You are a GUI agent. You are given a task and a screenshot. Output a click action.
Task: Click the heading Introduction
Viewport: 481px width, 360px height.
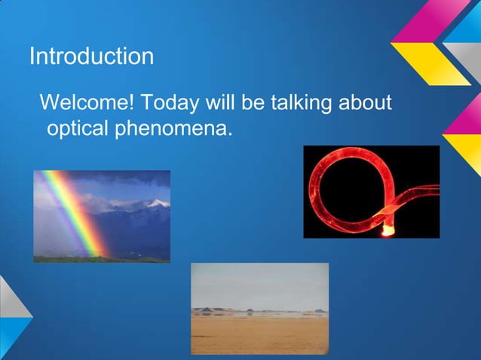click(x=91, y=56)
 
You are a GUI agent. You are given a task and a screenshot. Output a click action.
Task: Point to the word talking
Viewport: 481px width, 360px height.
click(x=293, y=102)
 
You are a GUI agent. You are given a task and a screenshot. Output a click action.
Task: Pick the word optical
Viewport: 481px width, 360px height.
click(x=78, y=130)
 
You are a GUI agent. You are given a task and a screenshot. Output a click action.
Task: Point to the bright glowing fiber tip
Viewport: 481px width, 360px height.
click(x=388, y=228)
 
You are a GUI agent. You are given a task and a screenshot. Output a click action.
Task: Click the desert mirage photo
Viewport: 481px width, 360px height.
click(x=259, y=308)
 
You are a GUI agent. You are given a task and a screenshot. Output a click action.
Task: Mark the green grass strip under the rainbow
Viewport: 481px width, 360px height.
click(x=101, y=258)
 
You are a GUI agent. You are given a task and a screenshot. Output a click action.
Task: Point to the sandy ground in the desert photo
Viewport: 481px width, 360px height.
click(x=259, y=335)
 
